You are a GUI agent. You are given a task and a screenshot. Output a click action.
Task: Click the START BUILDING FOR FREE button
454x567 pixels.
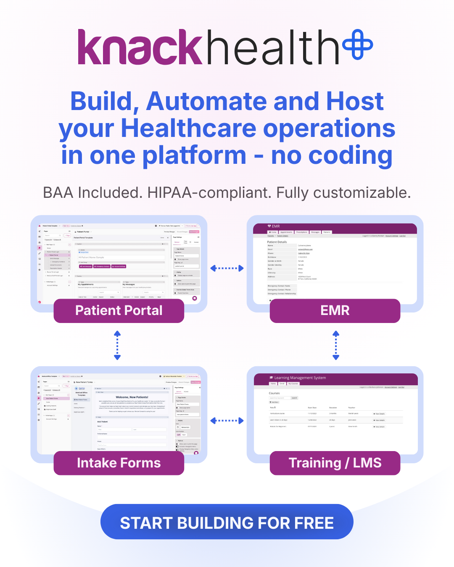pos(227,522)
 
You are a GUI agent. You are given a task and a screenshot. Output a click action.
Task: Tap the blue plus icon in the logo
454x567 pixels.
pos(358,44)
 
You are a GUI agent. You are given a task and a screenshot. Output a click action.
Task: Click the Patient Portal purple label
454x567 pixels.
pos(119,310)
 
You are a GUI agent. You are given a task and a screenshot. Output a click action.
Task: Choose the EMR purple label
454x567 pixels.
pos(335,310)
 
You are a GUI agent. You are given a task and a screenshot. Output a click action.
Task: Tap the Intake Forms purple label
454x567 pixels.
pos(119,463)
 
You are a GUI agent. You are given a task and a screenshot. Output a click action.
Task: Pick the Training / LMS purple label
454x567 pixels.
pos(335,463)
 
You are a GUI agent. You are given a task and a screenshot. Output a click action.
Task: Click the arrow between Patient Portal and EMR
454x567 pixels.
pos(227,268)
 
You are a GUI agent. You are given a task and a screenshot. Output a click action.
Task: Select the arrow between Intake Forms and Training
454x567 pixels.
pos(227,420)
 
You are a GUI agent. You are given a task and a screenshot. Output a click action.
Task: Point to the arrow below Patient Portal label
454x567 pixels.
pos(117,345)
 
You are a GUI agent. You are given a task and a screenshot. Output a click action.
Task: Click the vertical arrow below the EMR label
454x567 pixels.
pos(336,345)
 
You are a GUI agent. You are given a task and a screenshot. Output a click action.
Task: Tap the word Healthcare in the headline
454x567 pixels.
pos(188,128)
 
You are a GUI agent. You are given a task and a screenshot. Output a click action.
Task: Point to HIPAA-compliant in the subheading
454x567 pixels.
pos(210,193)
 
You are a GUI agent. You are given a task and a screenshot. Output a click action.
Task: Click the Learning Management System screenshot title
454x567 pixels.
pos(300,378)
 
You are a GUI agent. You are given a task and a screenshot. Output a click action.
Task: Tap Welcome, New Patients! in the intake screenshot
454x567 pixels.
pos(132,397)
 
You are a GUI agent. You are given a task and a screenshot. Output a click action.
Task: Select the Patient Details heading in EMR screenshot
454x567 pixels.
pos(277,242)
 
